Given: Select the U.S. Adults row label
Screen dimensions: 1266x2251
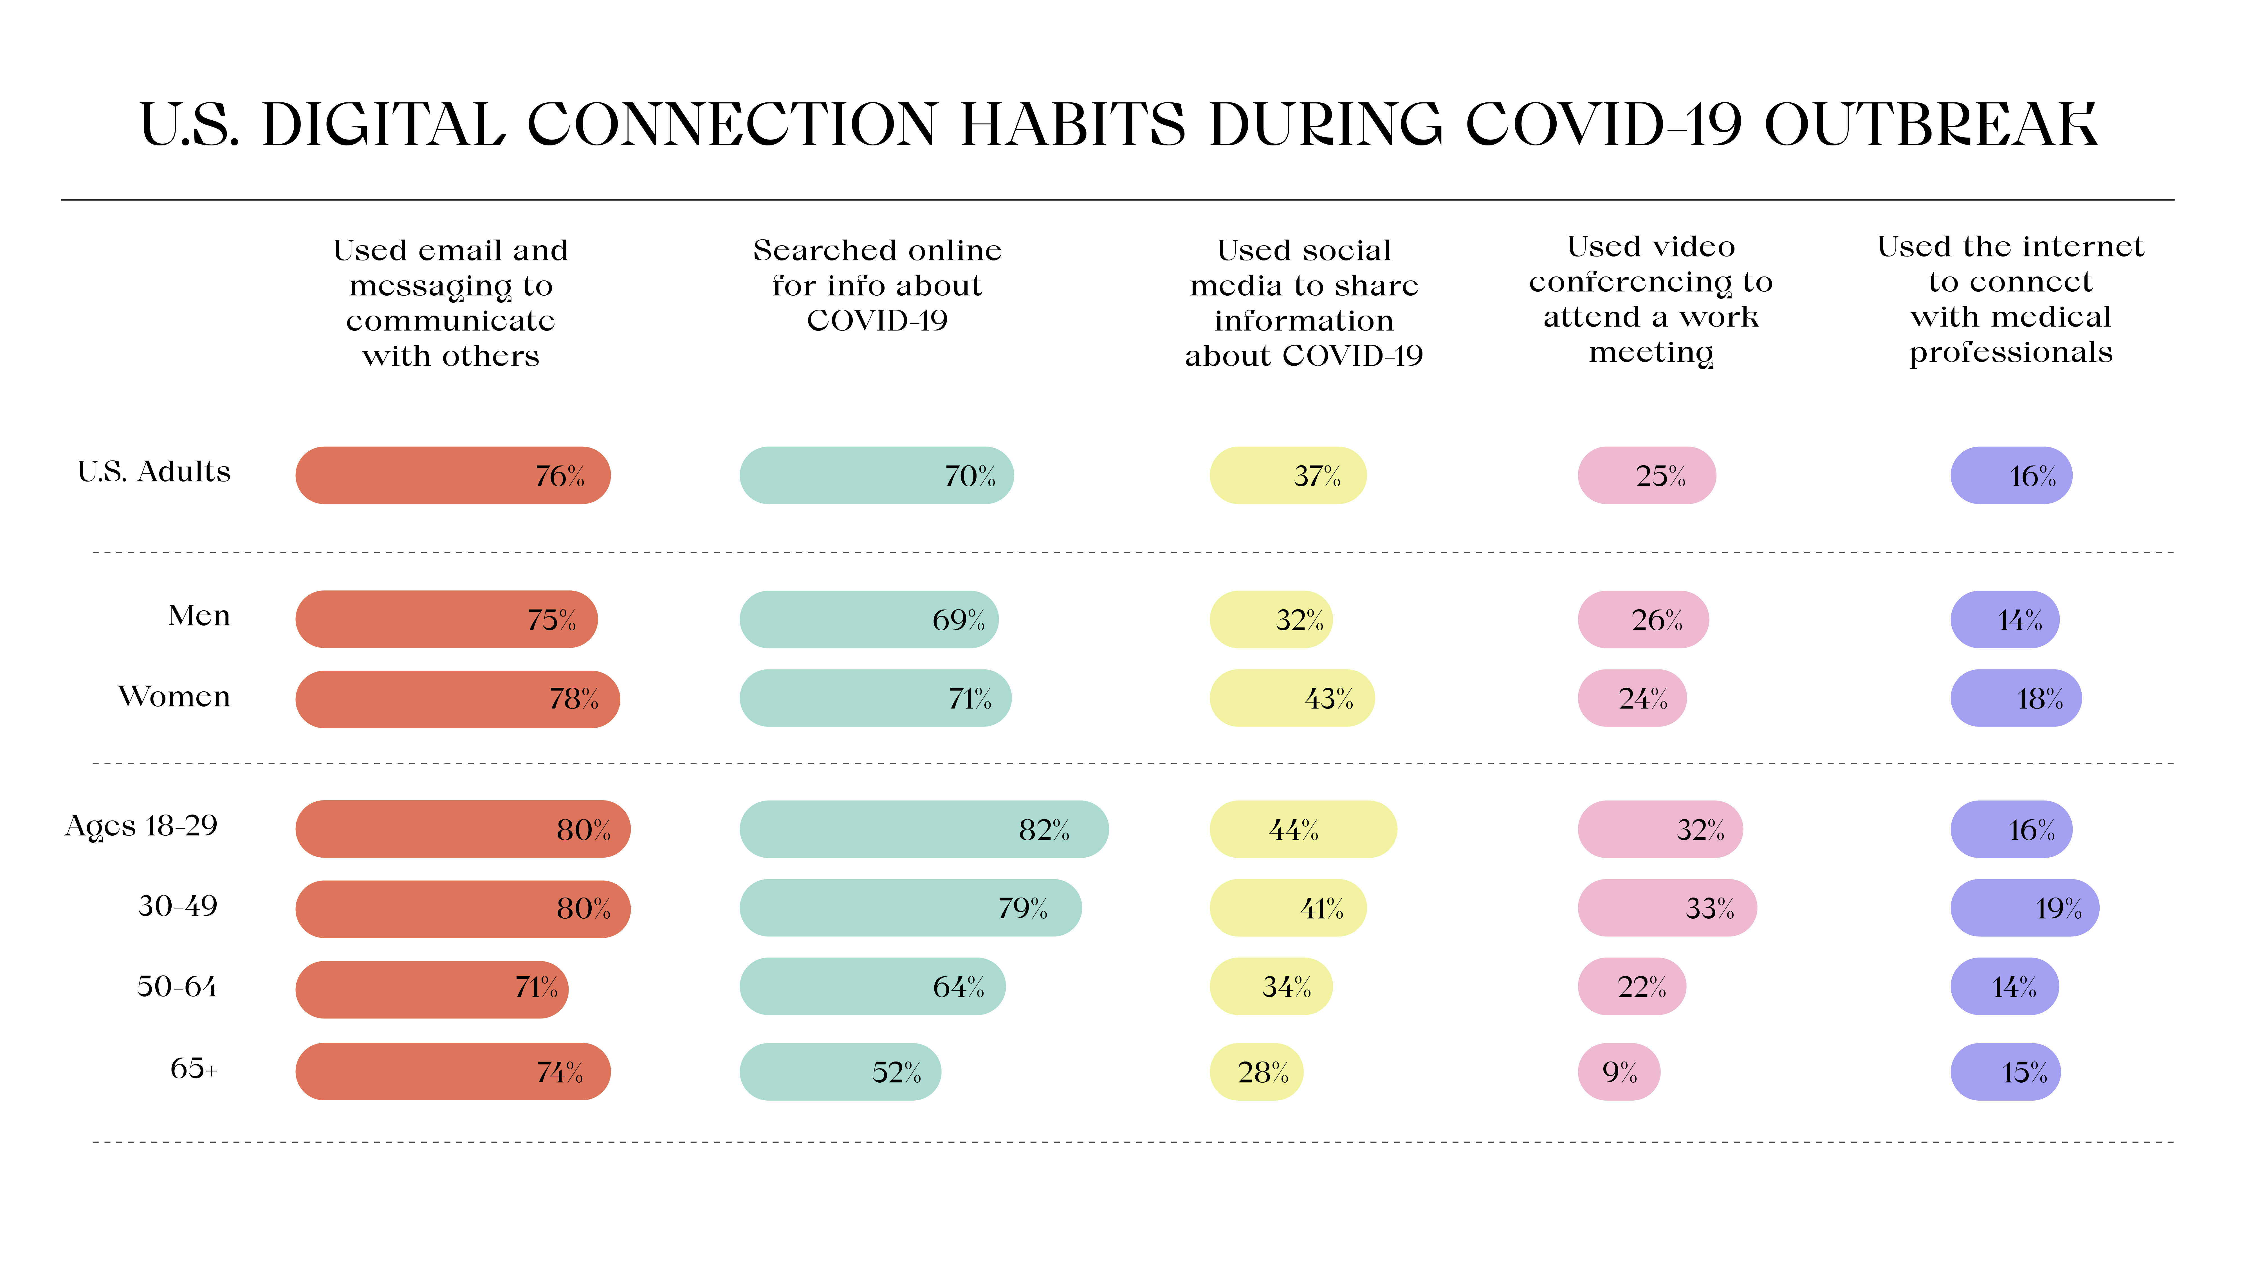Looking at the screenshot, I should pos(154,472).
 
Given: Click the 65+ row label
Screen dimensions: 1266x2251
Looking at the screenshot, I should pos(193,1069).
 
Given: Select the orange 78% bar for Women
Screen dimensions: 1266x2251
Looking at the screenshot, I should pos(457,699).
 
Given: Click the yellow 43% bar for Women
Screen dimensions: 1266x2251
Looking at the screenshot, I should pos(1292,699).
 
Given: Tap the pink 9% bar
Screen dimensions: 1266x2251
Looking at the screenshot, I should pos(1618,1072).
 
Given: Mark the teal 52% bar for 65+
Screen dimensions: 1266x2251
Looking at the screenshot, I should pos(840,1072).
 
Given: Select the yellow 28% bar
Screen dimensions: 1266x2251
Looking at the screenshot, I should pos(1256,1072).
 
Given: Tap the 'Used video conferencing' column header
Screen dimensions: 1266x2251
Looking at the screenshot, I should pos(1651,299).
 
